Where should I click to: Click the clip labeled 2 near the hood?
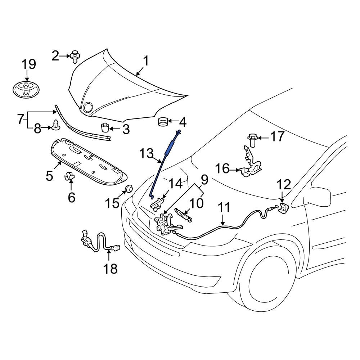coord(75,56)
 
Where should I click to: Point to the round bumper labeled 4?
coord(163,122)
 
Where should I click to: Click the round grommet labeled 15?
coord(128,189)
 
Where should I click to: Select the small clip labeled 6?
coord(70,177)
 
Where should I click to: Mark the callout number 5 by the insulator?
coord(50,176)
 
